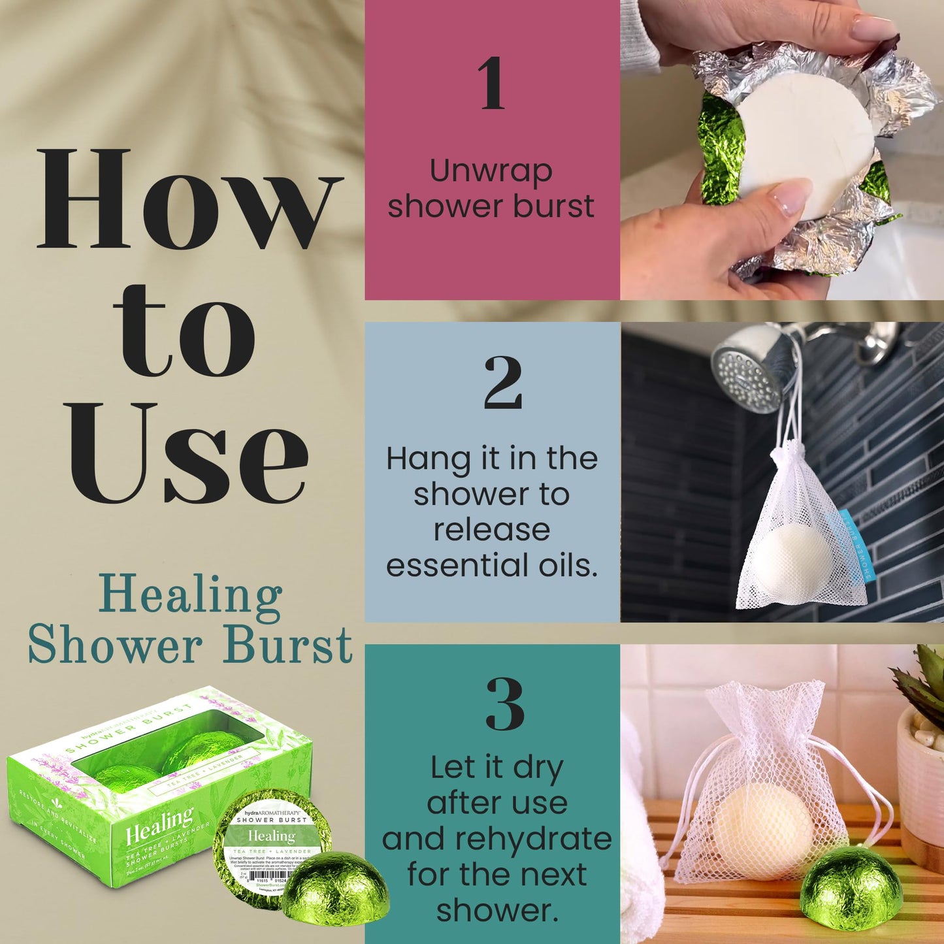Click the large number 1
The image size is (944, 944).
(x=491, y=83)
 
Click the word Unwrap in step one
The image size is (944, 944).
(x=491, y=172)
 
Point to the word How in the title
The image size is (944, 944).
(x=189, y=199)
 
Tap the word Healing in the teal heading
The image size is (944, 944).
(x=191, y=596)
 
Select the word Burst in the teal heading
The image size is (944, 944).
(x=287, y=645)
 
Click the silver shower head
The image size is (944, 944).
(x=748, y=369)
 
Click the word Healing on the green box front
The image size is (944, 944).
(x=159, y=827)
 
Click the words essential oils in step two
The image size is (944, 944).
(x=491, y=566)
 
